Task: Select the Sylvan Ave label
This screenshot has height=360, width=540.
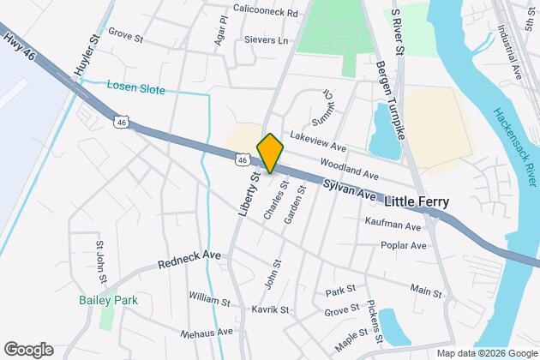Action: (x=351, y=190)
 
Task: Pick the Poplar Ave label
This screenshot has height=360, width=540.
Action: (x=404, y=245)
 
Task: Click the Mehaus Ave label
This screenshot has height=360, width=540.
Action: (x=207, y=332)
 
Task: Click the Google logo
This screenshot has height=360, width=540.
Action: (x=27, y=349)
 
